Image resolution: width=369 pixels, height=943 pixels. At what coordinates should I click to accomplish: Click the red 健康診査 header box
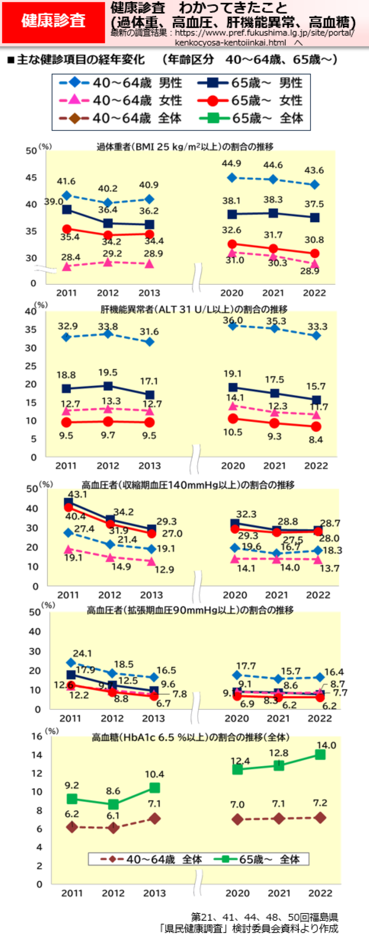point(53,22)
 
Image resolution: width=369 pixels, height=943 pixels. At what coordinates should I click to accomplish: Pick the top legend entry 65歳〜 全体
point(250,118)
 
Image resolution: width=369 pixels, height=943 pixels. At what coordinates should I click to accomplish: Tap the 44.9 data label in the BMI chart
point(231,164)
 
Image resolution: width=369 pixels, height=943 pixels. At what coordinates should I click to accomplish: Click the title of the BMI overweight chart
point(184,147)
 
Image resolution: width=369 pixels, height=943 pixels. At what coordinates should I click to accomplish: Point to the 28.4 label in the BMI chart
point(70,257)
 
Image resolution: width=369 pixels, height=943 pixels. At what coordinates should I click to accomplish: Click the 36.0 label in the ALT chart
point(233,321)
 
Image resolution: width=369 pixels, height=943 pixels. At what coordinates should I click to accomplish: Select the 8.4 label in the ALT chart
point(315,440)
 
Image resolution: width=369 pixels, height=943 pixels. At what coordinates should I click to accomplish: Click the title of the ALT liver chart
point(193,309)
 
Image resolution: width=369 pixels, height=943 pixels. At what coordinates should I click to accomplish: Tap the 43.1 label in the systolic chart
point(77,494)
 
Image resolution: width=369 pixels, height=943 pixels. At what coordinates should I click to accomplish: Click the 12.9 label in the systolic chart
point(164,569)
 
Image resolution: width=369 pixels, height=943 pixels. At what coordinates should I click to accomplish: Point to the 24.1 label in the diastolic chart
point(82,653)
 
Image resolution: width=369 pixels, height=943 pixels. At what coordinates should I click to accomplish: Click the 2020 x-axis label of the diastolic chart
point(237,718)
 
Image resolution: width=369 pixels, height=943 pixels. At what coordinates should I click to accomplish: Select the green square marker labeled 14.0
point(320,754)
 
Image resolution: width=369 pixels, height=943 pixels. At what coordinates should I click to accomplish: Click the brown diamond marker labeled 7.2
point(320,818)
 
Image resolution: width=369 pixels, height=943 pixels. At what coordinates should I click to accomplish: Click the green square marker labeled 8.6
point(113,804)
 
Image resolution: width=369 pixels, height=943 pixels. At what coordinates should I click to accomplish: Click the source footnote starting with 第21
point(264,922)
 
